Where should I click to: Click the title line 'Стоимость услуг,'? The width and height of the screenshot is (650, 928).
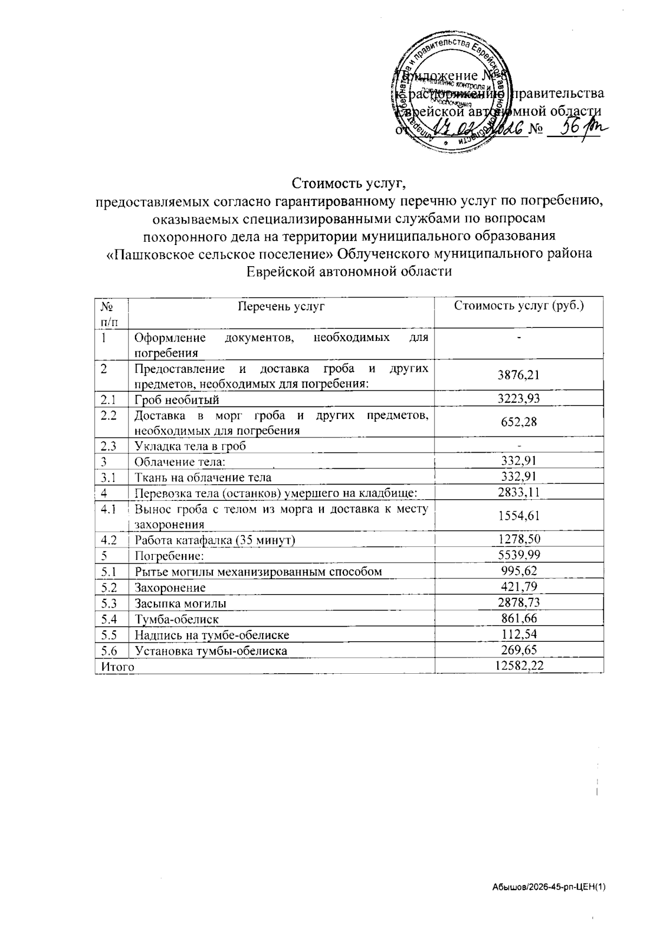click(x=349, y=183)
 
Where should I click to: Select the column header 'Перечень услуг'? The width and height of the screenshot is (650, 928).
click(x=281, y=306)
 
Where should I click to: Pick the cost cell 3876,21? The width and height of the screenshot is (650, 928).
click(x=519, y=375)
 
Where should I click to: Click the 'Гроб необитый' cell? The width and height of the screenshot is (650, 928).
click(x=177, y=400)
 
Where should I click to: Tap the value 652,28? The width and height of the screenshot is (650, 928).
click(x=519, y=422)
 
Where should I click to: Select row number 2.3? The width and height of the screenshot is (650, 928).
click(x=109, y=446)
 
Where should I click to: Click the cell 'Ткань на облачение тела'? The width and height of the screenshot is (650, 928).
click(x=203, y=478)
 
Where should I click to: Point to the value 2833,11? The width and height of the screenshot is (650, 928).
click(x=519, y=492)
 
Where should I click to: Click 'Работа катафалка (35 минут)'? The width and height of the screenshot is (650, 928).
click(x=215, y=540)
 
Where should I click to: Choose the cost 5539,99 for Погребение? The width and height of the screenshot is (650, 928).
click(x=519, y=555)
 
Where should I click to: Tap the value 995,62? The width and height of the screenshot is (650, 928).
click(x=519, y=571)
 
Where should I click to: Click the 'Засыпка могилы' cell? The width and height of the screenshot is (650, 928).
click(x=180, y=603)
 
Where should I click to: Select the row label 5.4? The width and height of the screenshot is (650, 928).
click(x=109, y=618)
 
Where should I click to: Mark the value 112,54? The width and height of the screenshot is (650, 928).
click(x=519, y=634)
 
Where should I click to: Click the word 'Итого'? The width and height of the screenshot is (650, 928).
click(x=114, y=666)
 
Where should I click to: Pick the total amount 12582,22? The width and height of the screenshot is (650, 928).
click(x=519, y=666)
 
